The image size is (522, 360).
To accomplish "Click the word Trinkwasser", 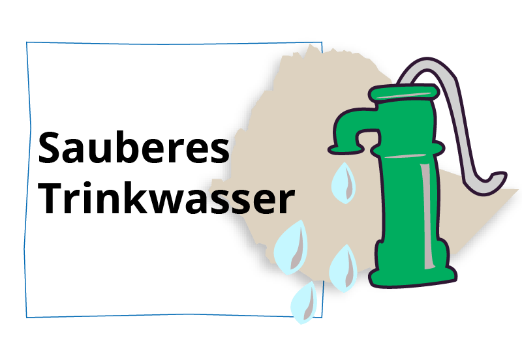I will click(166, 199).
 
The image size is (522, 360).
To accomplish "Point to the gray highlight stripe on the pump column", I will click(425, 215).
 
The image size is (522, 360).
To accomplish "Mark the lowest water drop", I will click(304, 303).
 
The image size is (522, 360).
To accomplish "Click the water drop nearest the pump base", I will click(343, 267).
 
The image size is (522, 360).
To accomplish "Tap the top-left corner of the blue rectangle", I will click(27, 43).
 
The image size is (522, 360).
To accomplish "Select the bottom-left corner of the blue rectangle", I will click(27, 317).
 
